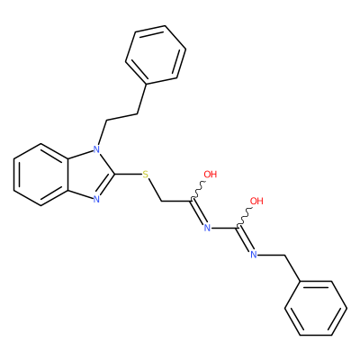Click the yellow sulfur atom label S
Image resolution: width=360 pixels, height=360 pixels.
(146, 174)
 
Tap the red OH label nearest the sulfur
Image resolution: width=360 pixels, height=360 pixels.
(210, 174)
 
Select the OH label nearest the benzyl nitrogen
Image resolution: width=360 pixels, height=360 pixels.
(256, 201)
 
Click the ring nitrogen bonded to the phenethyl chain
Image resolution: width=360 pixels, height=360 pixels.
(96, 149)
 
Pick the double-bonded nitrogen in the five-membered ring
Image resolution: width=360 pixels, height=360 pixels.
(96, 199)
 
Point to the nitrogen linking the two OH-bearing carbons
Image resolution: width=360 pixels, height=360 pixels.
(207, 228)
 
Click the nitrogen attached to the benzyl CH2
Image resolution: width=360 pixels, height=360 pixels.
(254, 255)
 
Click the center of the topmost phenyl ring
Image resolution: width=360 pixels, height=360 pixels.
(156, 54)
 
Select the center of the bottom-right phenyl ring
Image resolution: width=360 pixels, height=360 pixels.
(316, 309)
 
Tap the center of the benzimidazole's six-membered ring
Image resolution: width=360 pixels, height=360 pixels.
(41, 175)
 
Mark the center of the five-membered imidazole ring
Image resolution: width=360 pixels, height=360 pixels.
(88, 175)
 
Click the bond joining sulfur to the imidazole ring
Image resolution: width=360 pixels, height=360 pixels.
(129, 174)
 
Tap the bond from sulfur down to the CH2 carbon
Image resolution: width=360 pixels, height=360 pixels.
(155, 190)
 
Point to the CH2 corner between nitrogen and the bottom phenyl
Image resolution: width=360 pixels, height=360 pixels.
(284, 256)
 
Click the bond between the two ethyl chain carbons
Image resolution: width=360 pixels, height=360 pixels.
(121, 117)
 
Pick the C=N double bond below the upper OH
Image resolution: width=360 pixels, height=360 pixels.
(199, 211)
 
